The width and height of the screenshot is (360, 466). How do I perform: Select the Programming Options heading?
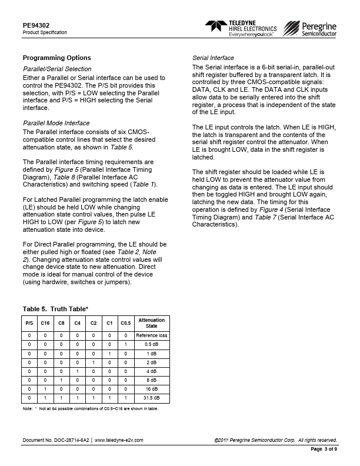56,58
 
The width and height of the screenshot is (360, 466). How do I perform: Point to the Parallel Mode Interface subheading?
56,123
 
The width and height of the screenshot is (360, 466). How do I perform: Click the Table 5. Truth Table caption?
56,308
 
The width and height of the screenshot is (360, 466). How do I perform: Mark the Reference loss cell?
151,335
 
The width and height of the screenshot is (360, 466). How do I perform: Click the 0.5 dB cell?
151,344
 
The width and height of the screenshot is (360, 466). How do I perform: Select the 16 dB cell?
151,390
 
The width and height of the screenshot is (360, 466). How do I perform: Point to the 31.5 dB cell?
151,398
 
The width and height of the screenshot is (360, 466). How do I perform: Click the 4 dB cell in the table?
151,371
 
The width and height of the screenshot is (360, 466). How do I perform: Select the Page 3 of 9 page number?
323,449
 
